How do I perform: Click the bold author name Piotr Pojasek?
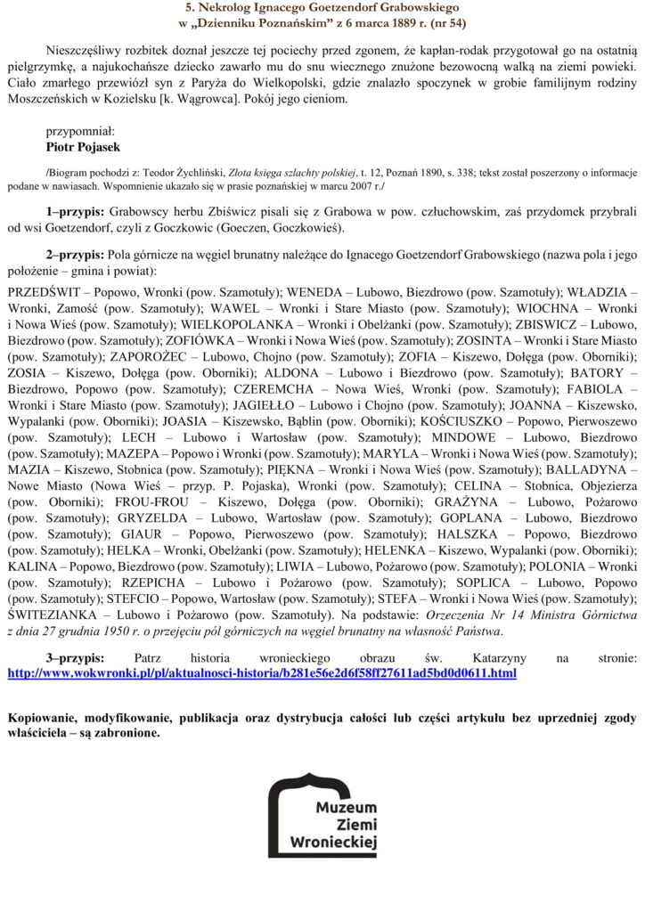coord(83,147)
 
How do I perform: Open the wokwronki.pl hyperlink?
coord(261,673)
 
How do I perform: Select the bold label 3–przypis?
coord(76,657)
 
